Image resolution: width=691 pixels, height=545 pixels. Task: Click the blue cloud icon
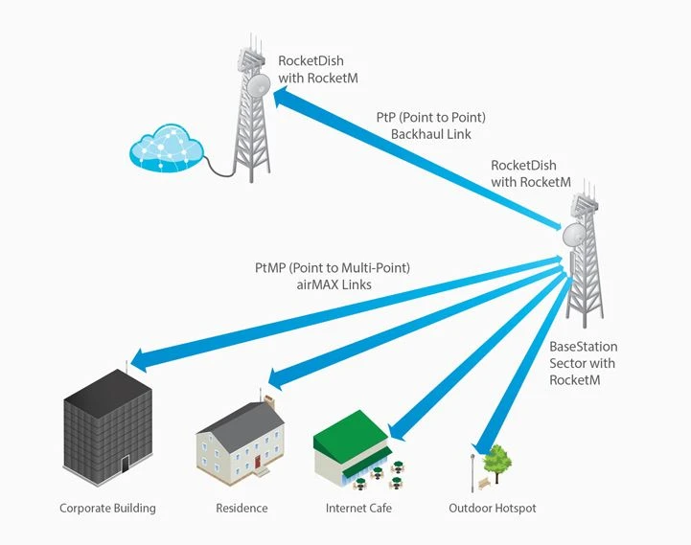(x=168, y=148)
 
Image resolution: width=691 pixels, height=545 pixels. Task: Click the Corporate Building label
(x=107, y=508)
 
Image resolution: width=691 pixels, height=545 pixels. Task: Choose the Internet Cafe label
(x=358, y=508)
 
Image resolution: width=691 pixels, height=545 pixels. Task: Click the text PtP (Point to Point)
(x=431, y=117)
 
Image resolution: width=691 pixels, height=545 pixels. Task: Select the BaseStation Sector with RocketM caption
(x=583, y=363)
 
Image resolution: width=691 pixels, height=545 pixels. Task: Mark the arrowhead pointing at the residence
(x=269, y=376)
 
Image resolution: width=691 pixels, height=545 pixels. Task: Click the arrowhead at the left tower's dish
(x=280, y=92)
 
